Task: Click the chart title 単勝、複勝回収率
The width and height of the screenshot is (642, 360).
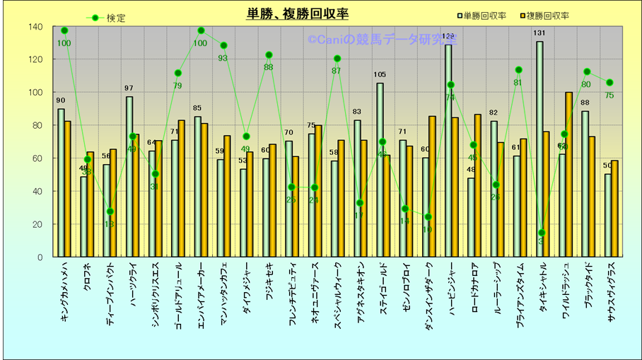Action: [297, 13]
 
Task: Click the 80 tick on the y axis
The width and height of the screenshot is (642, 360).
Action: [35, 125]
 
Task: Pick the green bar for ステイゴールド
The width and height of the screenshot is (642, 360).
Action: [380, 170]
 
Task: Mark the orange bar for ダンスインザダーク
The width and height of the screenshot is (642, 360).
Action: [432, 187]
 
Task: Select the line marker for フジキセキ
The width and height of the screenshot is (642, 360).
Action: [269, 55]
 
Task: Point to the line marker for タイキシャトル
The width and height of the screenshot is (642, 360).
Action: [542, 233]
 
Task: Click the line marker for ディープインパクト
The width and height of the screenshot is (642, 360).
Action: [110, 211]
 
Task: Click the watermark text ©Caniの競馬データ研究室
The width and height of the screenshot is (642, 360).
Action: [382, 40]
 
